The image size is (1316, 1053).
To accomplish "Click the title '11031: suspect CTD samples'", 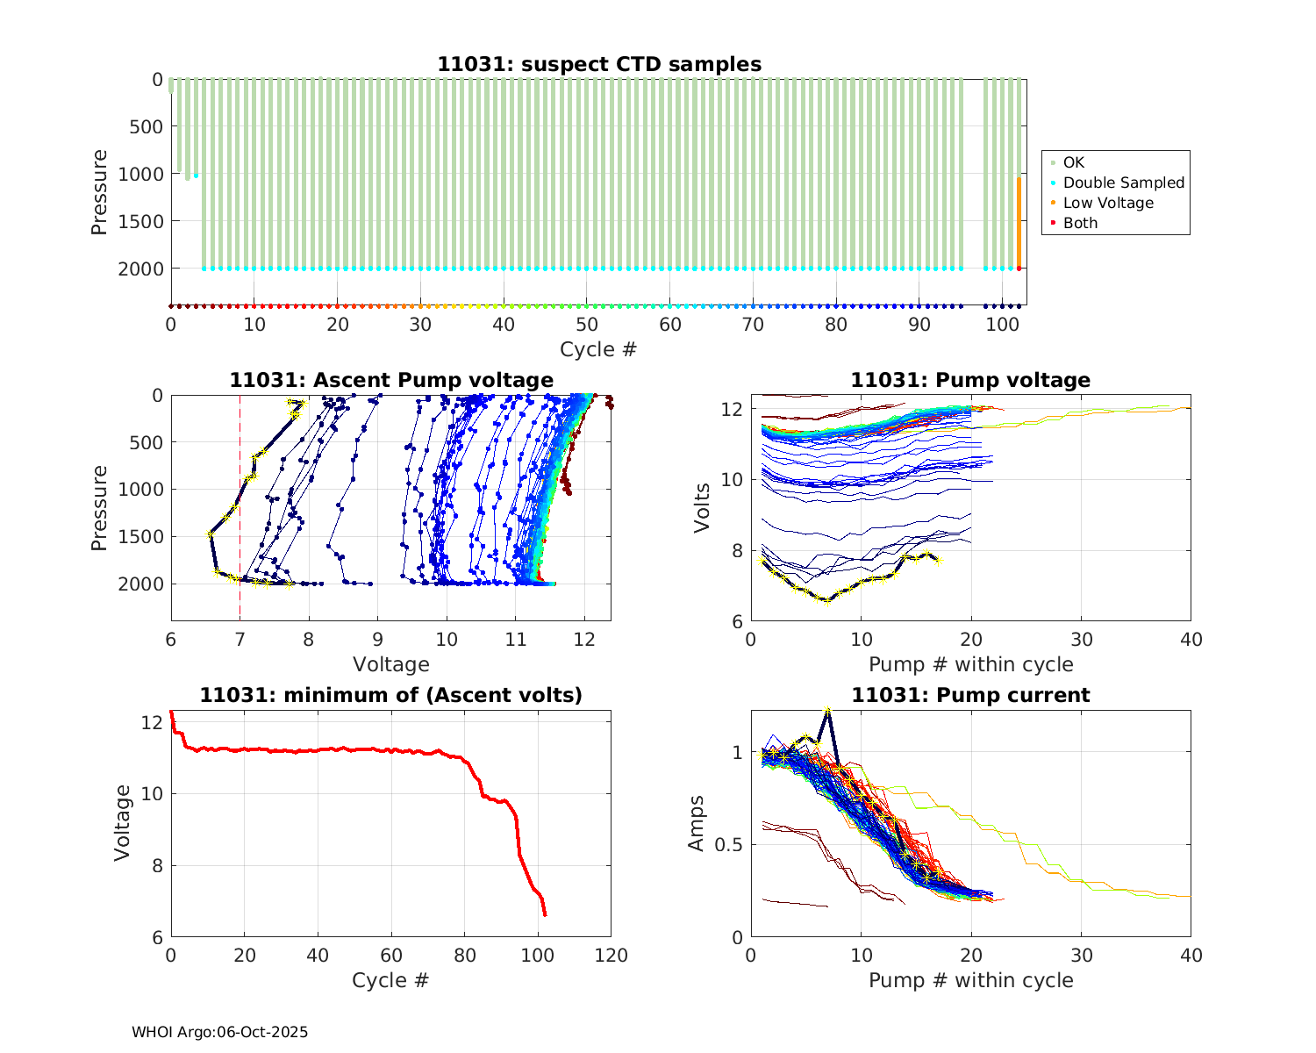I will (x=599, y=64).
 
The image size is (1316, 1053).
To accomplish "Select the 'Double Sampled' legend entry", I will (x=1123, y=183).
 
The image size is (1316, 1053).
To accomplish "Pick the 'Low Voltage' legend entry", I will (x=1108, y=203).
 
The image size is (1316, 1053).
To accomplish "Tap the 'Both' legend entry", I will (x=1080, y=223).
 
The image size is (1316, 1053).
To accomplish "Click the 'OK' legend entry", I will (x=1073, y=162).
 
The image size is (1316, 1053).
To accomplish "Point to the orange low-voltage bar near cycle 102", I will (x=1019, y=219).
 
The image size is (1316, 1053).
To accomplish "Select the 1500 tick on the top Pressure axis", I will (x=140, y=221).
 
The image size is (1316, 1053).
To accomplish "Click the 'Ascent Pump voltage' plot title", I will (x=391, y=380).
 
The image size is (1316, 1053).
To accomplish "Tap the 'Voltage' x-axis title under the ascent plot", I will (x=391, y=664).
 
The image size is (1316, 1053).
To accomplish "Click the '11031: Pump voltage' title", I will (x=970, y=380).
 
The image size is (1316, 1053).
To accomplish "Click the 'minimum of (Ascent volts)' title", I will (x=391, y=695).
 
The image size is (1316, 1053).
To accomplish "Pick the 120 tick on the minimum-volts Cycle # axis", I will (x=611, y=956).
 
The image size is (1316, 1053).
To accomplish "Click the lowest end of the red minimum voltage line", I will (x=545, y=915).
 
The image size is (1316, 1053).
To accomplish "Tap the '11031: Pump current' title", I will (x=970, y=695).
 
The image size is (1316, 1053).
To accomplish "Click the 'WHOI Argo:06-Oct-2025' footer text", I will (x=219, y=1032).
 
